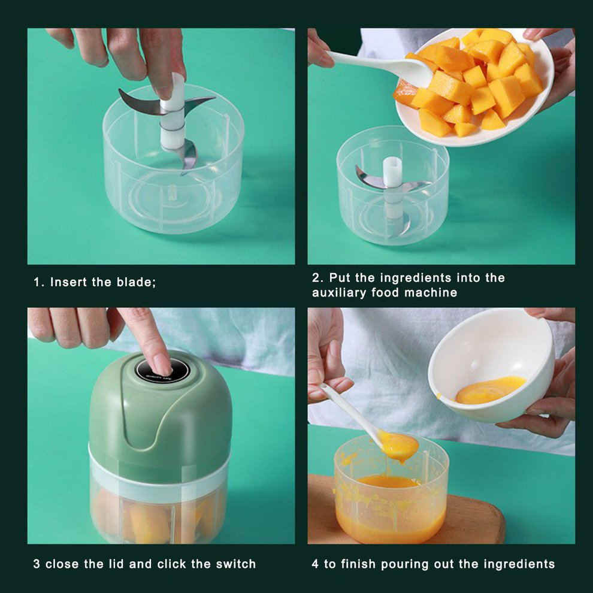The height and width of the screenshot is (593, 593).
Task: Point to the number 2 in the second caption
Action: [316, 278]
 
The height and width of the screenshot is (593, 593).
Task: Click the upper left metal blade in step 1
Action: [140, 102]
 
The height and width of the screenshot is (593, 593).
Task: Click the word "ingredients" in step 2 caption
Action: [416, 278]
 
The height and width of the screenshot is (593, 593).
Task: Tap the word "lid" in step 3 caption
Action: [116, 564]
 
